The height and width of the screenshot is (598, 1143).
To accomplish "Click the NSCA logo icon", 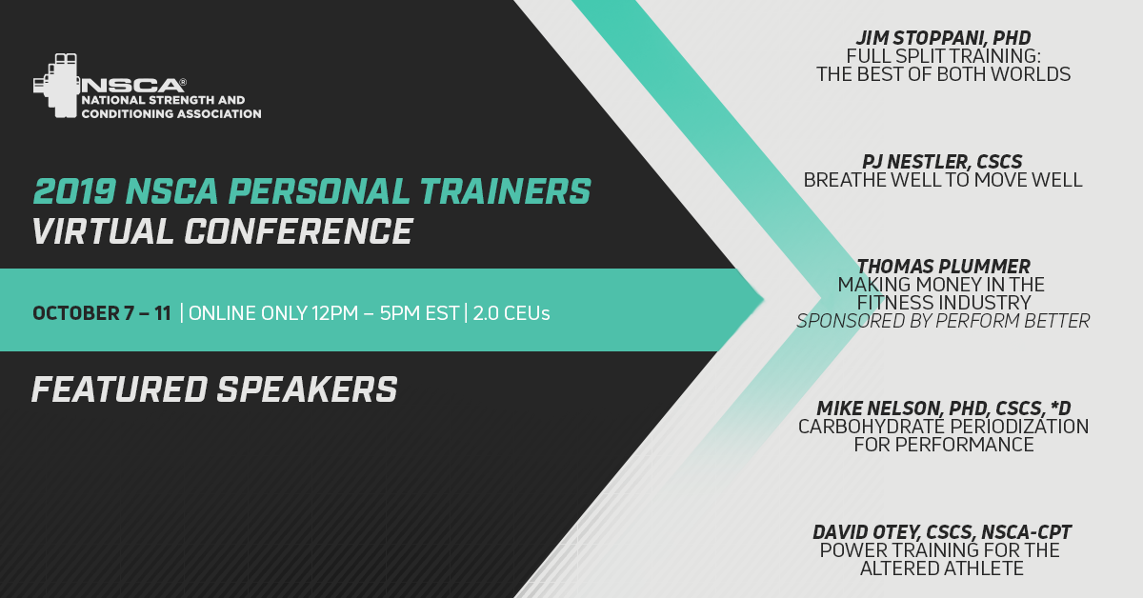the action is [56, 85].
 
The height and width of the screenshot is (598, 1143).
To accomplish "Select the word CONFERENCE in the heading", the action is [298, 231].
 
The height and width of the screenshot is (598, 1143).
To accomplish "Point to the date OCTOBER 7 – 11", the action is [102, 313].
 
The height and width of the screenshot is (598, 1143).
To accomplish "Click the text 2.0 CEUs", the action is [511, 313].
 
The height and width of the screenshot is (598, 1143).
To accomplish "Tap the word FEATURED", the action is [120, 389].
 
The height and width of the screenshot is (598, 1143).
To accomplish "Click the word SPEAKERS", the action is [307, 389].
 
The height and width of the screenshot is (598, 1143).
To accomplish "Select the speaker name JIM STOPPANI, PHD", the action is [943, 38].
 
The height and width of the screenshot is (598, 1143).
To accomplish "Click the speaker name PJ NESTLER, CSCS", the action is [942, 162].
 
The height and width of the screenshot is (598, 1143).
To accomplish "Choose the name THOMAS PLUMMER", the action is [943, 267].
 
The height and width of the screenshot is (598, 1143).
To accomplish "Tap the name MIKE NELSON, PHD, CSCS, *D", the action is [943, 409].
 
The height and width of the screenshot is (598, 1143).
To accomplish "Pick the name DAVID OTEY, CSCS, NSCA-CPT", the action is [942, 532].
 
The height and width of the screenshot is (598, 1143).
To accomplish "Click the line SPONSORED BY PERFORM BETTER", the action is [943, 321].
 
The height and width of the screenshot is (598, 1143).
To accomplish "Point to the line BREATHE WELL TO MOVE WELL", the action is [943, 180].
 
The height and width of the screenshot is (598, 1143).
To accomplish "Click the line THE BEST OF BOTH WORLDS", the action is [943, 74].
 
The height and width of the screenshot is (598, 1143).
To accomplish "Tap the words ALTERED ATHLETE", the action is [942, 568].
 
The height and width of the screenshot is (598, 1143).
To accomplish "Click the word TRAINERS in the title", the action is [506, 191].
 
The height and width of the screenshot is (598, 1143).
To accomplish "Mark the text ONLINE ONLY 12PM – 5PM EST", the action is [324, 313].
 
